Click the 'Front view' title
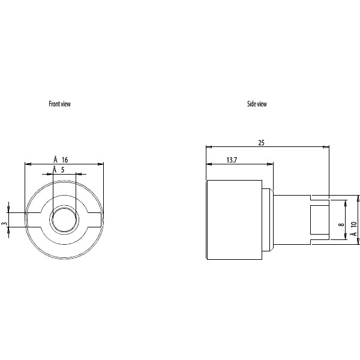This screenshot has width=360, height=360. [x=59, y=104]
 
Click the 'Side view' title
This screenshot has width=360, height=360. [x=257, y=104]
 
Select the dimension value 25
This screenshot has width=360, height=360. [x=261, y=143]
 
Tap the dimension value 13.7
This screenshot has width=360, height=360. [x=232, y=160]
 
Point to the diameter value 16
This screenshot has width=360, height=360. [x=65, y=160]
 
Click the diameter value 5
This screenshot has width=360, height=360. [x=62, y=170]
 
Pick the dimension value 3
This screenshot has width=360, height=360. [x=5, y=223]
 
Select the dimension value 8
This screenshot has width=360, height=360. [x=341, y=224]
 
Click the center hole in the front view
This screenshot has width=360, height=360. [x=64, y=220]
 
